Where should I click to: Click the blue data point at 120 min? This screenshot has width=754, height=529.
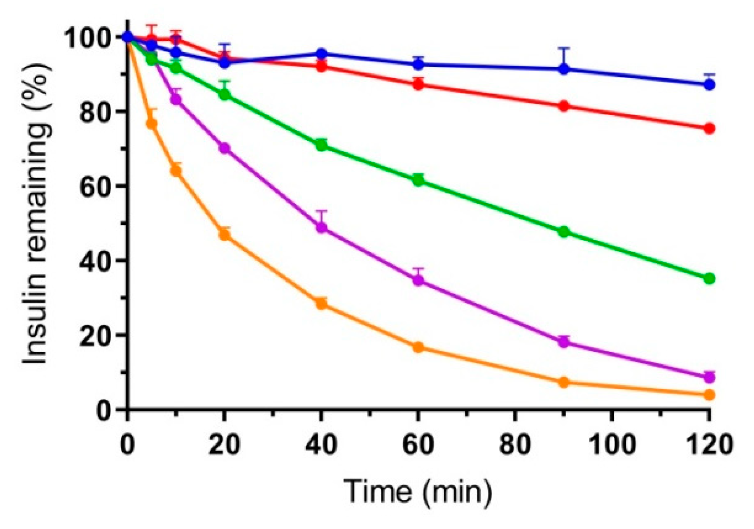coord(709,84)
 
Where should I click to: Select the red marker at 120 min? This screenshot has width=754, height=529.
coord(709,129)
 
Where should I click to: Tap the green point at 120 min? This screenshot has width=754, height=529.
coord(709,279)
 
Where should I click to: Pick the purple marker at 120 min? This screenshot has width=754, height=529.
coord(709,378)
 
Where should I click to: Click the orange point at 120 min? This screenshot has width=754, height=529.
coord(709,395)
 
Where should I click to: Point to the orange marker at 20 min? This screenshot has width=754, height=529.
coord(225,235)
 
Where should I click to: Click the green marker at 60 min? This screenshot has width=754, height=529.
coord(418,180)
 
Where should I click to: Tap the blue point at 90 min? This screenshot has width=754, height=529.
coord(564,69)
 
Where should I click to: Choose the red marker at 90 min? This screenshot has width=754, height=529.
coord(564,106)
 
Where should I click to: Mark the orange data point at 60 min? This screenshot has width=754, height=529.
coord(418,347)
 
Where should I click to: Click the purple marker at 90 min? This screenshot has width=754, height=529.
coord(564,342)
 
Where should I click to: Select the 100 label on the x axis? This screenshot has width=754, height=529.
coord(612,444)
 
